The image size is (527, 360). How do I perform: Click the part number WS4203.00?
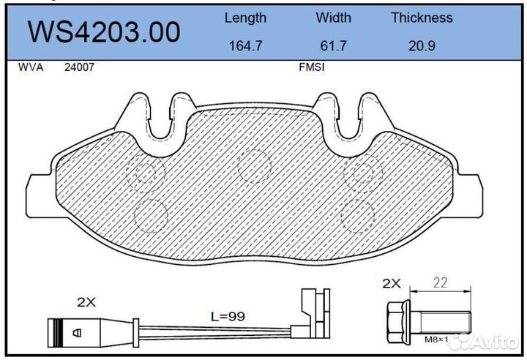103,32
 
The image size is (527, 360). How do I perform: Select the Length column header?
245,18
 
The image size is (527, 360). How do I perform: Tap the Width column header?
334,18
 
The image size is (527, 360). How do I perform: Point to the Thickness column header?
422,18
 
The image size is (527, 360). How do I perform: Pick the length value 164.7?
245,45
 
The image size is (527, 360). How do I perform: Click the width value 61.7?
334,45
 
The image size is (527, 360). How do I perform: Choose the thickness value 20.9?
422,45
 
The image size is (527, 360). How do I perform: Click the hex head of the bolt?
397,321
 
